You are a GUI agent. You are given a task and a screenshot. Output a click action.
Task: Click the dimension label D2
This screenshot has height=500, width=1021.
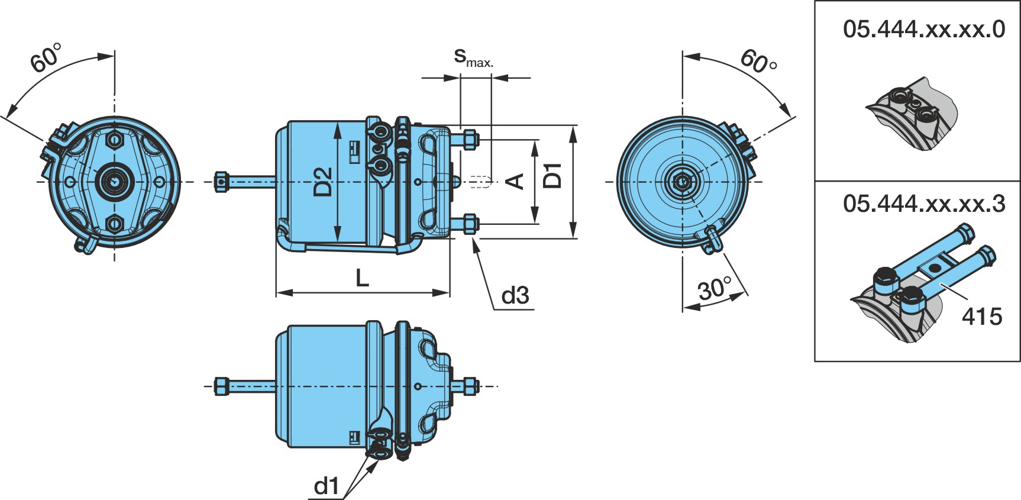tap(323, 182)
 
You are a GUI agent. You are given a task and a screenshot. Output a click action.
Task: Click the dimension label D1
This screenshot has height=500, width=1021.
tap(552, 175)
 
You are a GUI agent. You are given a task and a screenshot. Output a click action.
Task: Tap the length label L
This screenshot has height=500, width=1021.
tap(362, 278)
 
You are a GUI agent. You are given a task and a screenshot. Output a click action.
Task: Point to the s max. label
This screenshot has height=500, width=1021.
tap(473, 57)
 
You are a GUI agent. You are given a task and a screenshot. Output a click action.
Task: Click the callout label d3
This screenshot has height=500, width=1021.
tap(515, 295)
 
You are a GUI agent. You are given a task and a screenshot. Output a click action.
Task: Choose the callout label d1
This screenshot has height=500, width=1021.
tap(327, 486)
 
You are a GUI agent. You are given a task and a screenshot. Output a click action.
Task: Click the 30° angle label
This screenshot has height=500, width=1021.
tap(715, 288)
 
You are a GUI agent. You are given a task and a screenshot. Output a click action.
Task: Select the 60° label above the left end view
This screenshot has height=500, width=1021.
tap(46, 57)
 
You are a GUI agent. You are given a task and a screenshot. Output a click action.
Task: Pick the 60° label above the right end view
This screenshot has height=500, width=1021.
tap(758, 61)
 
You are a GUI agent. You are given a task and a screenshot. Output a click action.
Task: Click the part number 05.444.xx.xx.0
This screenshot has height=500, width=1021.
tap(924, 29)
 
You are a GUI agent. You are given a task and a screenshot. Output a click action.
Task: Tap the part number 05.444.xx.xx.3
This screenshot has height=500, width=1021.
tap(924, 204)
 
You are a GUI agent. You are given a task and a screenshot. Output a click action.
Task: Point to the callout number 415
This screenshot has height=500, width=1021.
tap(982, 317)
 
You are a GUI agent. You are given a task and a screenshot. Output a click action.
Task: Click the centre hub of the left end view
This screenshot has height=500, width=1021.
tap(114, 180)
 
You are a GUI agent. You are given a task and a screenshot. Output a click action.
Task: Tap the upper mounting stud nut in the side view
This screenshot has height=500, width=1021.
tap(470, 140)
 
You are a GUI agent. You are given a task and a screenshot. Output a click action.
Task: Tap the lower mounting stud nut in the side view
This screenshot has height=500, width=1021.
tap(470, 224)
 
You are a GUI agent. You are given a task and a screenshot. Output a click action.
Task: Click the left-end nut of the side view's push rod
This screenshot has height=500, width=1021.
tap(221, 181)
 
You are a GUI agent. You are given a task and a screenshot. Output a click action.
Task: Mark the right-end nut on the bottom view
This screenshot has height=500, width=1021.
tap(470, 386)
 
